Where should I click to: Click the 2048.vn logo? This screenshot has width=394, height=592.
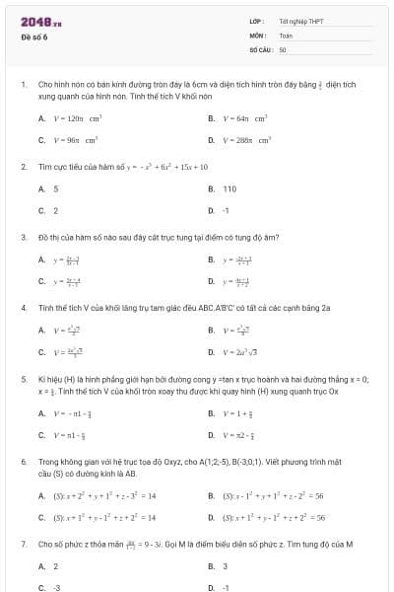tap(41, 21)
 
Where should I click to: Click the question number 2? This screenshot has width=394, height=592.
tap(23, 167)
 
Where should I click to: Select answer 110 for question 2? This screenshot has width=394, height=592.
tap(230, 188)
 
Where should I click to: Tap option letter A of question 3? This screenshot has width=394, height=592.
tap(41, 259)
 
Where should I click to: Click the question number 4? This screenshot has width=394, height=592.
tap(23, 308)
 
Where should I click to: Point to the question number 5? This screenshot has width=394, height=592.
tap(23, 379)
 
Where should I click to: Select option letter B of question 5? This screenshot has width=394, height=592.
tap(211, 412)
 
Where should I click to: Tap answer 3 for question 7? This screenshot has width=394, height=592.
tap(225, 566)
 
